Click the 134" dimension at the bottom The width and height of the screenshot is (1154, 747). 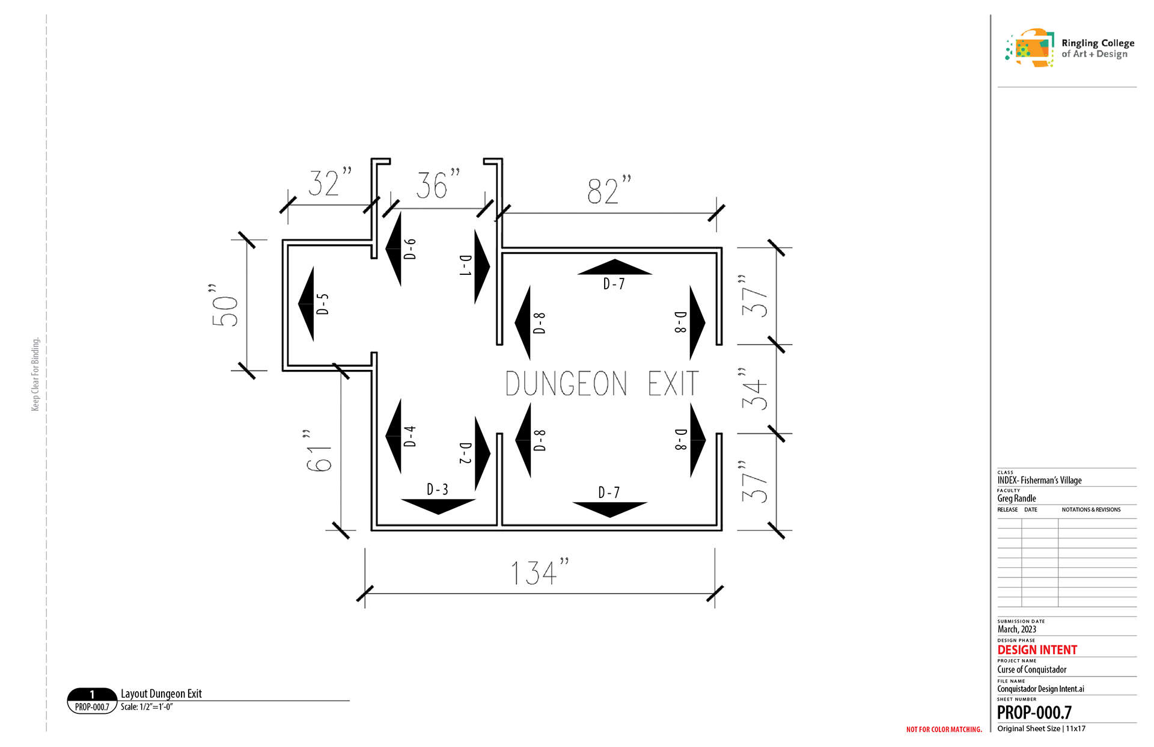(539, 572)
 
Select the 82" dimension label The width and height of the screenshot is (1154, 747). (609, 190)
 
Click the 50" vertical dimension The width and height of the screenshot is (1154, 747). (224, 305)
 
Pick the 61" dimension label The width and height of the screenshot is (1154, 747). (318, 450)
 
